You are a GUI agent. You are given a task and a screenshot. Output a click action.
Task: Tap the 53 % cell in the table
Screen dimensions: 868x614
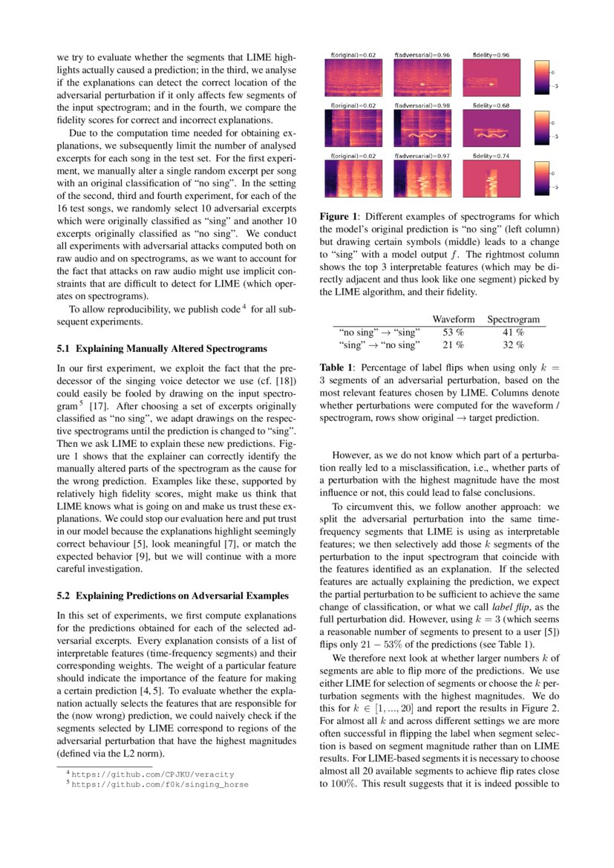[x=453, y=332]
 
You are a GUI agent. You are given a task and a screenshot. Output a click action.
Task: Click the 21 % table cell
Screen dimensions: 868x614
[x=453, y=345]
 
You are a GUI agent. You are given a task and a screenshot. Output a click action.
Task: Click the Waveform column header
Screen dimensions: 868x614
[x=454, y=319]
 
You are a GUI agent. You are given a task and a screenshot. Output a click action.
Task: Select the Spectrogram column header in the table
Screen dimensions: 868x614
[x=513, y=319]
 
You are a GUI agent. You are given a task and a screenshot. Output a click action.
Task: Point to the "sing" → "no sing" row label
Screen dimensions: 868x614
[x=379, y=345]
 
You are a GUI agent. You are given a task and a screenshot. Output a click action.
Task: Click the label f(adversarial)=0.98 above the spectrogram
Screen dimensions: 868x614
[x=422, y=106]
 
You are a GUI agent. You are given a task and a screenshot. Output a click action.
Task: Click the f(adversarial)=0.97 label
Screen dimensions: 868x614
[x=422, y=157]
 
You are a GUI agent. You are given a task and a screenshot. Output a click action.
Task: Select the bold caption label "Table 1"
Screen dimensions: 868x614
[x=336, y=368]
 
